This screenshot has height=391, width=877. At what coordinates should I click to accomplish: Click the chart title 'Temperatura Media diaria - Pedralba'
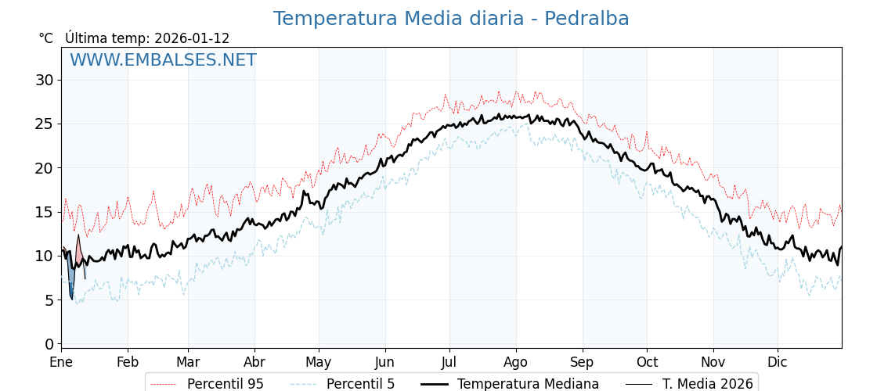(451, 19)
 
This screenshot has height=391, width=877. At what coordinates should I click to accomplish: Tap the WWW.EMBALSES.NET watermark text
(163, 60)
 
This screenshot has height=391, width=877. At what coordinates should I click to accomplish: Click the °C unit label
(45, 38)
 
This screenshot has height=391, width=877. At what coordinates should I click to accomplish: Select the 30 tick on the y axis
(44, 80)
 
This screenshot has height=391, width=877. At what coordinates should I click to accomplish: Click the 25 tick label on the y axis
(44, 124)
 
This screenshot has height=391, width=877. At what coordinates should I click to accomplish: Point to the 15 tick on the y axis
(44, 212)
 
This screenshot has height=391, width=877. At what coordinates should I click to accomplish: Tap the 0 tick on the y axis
(49, 344)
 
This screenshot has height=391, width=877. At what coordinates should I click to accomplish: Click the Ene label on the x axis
(61, 363)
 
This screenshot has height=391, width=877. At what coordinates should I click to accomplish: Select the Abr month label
(254, 363)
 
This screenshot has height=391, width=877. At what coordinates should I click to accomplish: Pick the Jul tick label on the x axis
(449, 363)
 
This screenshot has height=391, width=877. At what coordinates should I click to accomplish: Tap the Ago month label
(516, 363)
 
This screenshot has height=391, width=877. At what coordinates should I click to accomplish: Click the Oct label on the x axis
(647, 363)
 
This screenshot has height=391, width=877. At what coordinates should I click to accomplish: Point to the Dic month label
(778, 363)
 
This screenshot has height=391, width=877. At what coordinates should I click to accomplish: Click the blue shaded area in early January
(71, 278)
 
